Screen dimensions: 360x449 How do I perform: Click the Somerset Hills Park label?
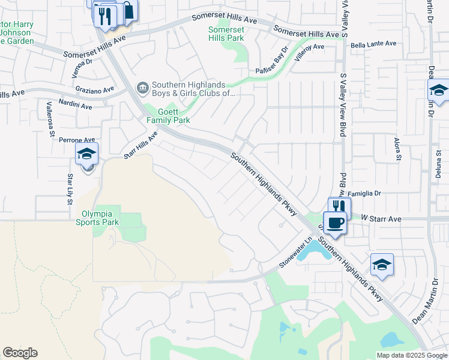click(226, 34)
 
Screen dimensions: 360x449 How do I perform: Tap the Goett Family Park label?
click(169, 116)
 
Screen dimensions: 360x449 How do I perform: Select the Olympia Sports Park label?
click(97, 217)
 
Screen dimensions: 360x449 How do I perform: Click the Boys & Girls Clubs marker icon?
click(142, 89)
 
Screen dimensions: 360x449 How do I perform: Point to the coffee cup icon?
click(335, 223)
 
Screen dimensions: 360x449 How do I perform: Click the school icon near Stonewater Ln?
click(382, 264)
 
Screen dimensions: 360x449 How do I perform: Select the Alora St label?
click(397, 149)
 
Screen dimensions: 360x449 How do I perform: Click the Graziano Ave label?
click(94, 89)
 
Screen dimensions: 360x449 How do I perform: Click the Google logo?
click(20, 353)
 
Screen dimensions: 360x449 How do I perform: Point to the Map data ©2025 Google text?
click(411, 355)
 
